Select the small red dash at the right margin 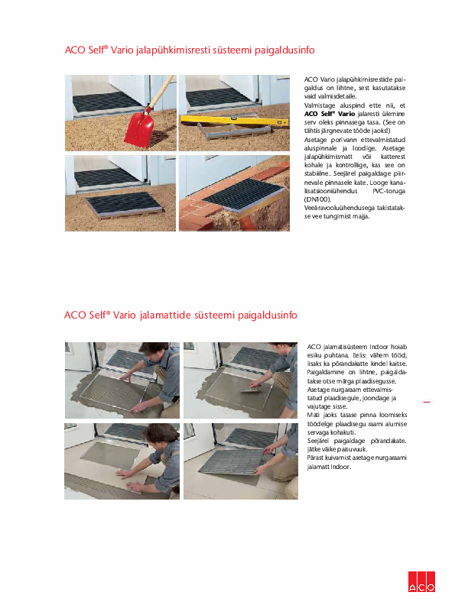click(426, 402)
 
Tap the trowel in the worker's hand click(243, 392)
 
